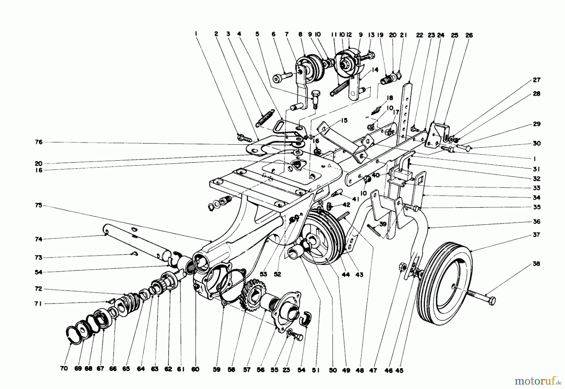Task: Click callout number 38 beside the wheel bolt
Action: pos(536,264)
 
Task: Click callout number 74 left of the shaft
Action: pos(39,239)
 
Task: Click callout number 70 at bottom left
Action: pos(64,369)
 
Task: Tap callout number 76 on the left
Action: pos(39,142)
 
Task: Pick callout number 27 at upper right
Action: pos(537,80)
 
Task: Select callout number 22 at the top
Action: pos(420,35)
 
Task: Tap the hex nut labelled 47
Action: pos(401,267)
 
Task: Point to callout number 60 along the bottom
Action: pos(195,370)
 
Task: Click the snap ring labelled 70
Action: pos(73,333)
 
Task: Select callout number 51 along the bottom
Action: pos(316,370)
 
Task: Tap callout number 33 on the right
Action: pos(536,188)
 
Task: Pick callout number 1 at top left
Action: pos(196,33)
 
